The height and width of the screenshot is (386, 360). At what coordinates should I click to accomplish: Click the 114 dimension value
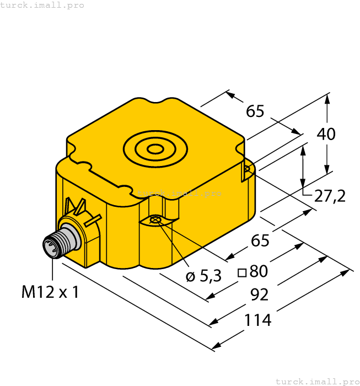point(258,320)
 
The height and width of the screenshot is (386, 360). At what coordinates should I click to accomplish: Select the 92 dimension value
point(259,294)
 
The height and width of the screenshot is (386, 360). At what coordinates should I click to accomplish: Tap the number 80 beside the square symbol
point(259,271)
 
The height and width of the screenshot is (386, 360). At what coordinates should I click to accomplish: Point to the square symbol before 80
point(241,272)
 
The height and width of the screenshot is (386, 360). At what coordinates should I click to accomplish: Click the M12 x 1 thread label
point(50,292)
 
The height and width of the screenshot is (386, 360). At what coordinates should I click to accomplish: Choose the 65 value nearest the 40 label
point(255,111)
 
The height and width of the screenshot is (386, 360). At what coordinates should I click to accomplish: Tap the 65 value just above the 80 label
point(260,240)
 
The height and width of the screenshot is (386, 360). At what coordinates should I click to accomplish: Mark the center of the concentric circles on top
point(155,148)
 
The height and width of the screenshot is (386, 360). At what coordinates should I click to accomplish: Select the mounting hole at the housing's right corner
point(247,170)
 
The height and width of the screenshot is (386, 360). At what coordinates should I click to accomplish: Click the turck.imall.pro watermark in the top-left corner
point(42,5)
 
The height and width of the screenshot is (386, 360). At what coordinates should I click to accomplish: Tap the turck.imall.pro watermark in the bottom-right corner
point(316,381)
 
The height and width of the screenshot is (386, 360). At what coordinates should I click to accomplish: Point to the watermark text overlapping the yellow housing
point(179,193)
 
